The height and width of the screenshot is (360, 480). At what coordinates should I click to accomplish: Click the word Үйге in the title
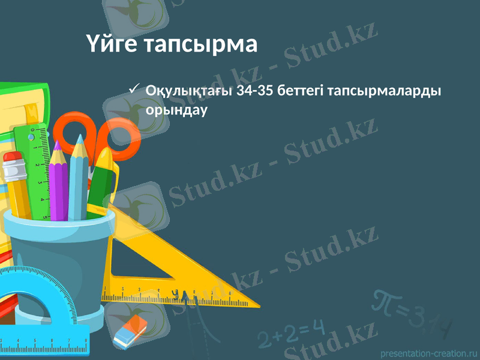(x=112, y=44)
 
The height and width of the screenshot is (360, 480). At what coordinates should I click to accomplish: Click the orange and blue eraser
(x=130, y=329)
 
